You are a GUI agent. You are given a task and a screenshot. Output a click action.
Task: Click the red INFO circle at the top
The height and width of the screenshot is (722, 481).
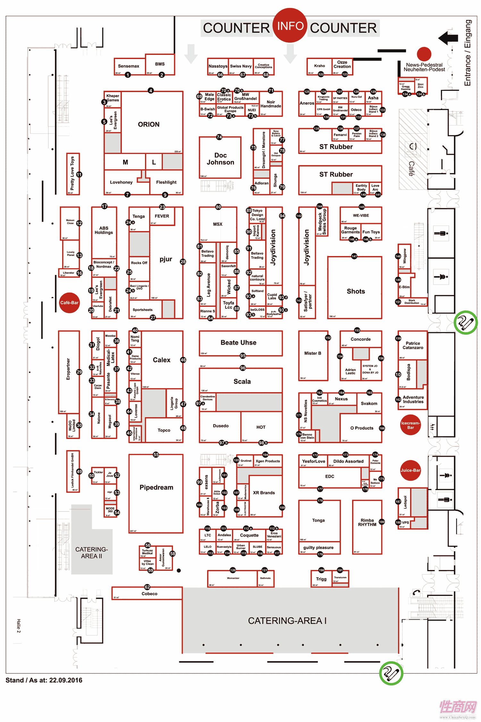(x=290, y=26)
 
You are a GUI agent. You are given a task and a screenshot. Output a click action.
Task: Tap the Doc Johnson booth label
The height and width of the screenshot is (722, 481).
(x=220, y=159)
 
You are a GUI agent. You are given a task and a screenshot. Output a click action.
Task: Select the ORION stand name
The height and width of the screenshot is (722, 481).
(x=148, y=125)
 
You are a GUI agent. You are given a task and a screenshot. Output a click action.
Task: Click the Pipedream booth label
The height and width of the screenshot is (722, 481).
(x=156, y=487)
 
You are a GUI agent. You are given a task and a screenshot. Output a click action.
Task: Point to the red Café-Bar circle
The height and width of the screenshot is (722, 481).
(x=69, y=303)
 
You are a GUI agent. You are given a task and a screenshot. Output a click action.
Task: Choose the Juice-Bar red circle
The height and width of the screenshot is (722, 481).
(x=410, y=470)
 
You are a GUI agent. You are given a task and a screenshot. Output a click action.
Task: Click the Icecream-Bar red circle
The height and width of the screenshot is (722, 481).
(x=410, y=425)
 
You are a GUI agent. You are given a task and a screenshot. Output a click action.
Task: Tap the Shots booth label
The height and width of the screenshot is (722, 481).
(x=356, y=291)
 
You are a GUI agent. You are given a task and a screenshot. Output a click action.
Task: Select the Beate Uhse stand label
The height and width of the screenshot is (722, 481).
(x=238, y=343)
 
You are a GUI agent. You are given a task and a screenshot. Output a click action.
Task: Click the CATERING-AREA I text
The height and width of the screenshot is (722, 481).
(x=287, y=621)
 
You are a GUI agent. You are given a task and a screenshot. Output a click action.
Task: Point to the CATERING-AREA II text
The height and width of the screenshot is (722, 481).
(x=91, y=553)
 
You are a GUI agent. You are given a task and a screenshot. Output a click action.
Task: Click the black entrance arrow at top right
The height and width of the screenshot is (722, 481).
(x=448, y=38)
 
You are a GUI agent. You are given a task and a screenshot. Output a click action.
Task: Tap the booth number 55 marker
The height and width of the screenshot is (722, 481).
(x=156, y=454)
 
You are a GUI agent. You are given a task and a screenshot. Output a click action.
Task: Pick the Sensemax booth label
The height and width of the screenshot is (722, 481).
(x=128, y=66)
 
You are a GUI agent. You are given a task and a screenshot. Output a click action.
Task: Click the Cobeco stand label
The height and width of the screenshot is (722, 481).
(x=149, y=594)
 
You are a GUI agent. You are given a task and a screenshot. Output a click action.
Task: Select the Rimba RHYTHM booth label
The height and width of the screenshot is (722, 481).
(x=367, y=522)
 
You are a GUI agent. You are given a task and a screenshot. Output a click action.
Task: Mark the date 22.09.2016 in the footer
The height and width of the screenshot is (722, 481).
(x=66, y=680)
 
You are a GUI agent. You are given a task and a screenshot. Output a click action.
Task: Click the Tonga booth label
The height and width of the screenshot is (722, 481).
(x=318, y=520)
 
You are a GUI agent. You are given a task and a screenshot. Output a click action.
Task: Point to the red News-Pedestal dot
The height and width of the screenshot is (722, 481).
(x=424, y=54)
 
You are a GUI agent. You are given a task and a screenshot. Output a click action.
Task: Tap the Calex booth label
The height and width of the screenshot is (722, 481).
(x=162, y=360)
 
